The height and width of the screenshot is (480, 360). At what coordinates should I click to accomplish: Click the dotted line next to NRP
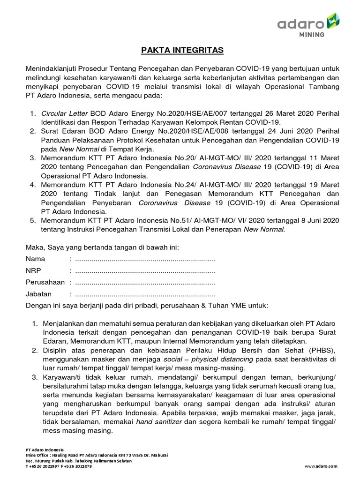(145, 271)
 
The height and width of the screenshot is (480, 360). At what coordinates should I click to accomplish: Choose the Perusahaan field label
(45, 283)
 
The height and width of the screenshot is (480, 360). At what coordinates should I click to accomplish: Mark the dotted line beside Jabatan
(145, 294)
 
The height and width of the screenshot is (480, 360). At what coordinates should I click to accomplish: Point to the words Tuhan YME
(225, 305)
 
